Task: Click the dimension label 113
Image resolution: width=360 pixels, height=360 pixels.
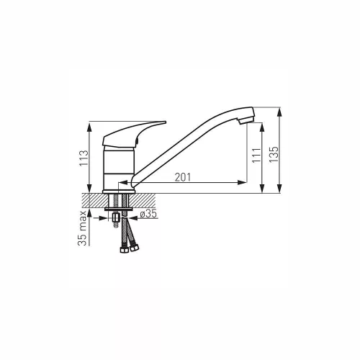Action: click(84, 158)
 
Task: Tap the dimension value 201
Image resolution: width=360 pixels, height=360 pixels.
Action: click(183, 177)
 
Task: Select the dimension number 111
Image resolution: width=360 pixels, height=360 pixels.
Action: click(256, 156)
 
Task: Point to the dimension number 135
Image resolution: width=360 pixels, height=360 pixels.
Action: click(274, 154)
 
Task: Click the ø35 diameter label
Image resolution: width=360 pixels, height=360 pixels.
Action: click(148, 213)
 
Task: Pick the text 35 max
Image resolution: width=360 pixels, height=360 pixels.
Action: click(82, 228)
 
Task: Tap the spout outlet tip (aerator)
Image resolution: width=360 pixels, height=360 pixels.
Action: click(246, 120)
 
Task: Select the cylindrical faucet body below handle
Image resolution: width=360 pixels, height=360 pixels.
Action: click(119, 168)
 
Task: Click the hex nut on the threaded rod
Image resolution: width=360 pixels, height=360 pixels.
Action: click(116, 218)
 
